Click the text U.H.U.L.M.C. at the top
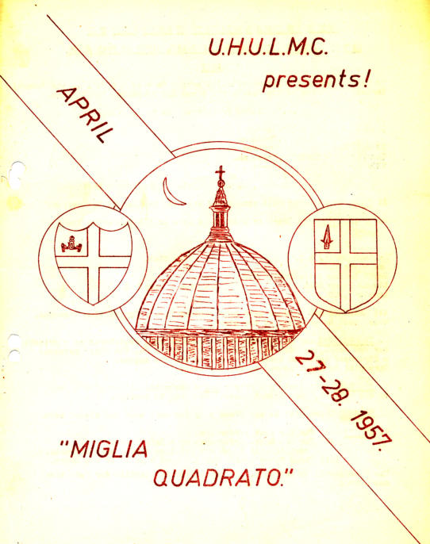pos(268,48)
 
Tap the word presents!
pos(316,81)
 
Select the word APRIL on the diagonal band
pos(85,115)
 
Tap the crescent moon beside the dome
pos(172,193)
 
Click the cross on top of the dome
pos(220,173)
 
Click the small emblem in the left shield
pos(71,244)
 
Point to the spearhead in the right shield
pos(327,236)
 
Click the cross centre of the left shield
pos(94,262)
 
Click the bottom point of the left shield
pos(94,305)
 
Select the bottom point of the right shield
pos(345,312)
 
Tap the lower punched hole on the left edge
pos(13,348)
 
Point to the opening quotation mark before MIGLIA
pos(63,444)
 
